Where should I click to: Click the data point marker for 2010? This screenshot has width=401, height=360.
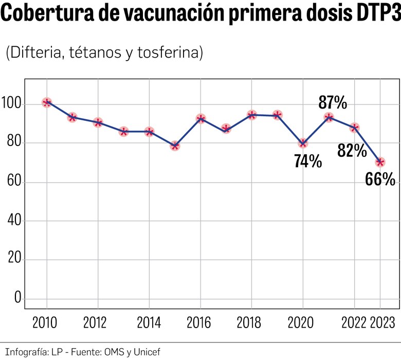pos(47,102)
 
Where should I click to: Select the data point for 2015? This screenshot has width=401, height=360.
pos(175,146)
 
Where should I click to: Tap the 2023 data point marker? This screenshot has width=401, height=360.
pos(380,162)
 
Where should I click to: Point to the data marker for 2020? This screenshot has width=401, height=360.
pos(303,143)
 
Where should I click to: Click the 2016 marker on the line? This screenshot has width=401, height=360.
pos(200,119)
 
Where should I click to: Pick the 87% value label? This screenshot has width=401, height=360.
pos(333,103)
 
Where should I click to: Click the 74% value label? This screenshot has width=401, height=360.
pos(308,161)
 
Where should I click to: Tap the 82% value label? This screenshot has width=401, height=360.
pos(352,150)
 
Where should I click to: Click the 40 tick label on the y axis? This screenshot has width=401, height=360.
pos(13,221)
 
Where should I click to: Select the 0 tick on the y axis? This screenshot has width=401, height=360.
pos(16,298)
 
